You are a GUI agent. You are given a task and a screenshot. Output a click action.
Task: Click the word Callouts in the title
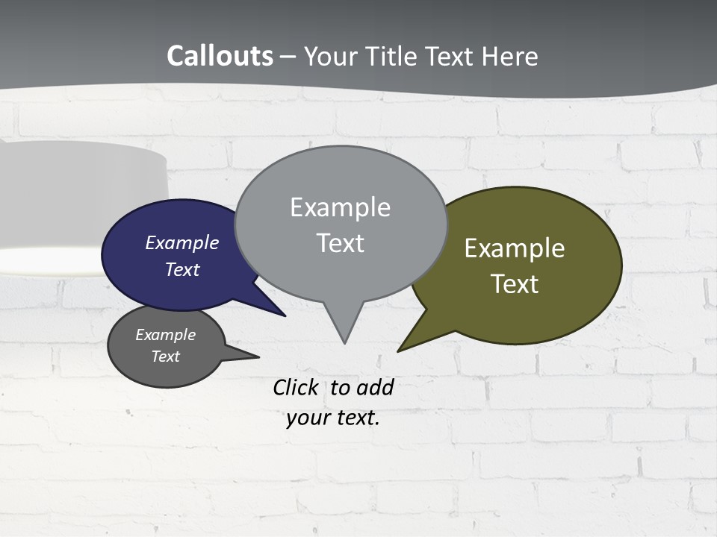click(220, 56)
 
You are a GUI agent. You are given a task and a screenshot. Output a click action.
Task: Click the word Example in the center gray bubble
click(340, 207)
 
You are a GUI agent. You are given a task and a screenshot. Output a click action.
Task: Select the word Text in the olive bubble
click(515, 284)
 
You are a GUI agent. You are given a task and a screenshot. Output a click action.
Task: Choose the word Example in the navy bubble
click(181, 242)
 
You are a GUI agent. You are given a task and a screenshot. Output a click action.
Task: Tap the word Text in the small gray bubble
click(165, 357)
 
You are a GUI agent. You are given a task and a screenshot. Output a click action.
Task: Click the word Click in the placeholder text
click(295, 387)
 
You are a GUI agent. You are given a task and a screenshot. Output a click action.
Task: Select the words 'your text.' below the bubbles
click(332, 418)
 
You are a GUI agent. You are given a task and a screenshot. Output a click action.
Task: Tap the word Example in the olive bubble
click(515, 248)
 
